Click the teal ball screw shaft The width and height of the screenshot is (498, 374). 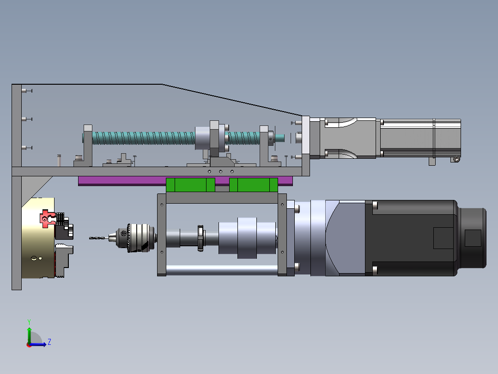143,138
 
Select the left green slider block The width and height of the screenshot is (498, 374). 190,185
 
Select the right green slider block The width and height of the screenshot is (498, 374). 254,185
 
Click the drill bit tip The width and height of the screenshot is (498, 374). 90,238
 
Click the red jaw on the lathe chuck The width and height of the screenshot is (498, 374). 48,218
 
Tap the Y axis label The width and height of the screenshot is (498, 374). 29,322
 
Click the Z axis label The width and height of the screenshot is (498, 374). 49,342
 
